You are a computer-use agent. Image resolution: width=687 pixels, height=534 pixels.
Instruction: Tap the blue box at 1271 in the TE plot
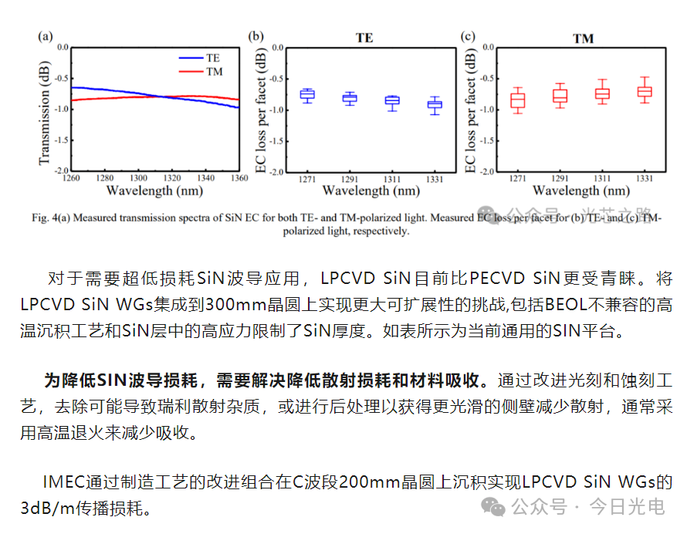[307, 95]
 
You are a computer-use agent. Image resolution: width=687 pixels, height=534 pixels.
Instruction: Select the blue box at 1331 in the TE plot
[435, 105]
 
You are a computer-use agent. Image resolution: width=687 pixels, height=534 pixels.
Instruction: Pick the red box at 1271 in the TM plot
[517, 101]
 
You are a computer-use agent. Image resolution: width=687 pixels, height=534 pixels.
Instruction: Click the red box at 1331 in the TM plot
[644, 91]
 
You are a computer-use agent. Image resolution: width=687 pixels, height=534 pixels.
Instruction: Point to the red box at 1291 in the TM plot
[560, 96]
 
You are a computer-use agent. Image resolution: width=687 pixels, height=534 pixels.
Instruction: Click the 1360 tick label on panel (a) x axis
[239, 177]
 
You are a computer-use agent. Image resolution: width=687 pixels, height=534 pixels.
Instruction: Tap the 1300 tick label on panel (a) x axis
[139, 177]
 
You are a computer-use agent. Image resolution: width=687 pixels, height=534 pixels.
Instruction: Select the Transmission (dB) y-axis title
[44, 109]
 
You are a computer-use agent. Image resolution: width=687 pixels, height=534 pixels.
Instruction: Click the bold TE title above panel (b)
[364, 37]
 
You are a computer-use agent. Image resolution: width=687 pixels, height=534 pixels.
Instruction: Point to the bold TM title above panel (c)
[583, 38]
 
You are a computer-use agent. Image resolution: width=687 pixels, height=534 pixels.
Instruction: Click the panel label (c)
[467, 35]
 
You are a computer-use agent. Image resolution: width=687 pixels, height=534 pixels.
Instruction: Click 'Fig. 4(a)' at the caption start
[52, 218]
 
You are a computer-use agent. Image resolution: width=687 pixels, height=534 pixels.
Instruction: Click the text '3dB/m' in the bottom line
[42, 508]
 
